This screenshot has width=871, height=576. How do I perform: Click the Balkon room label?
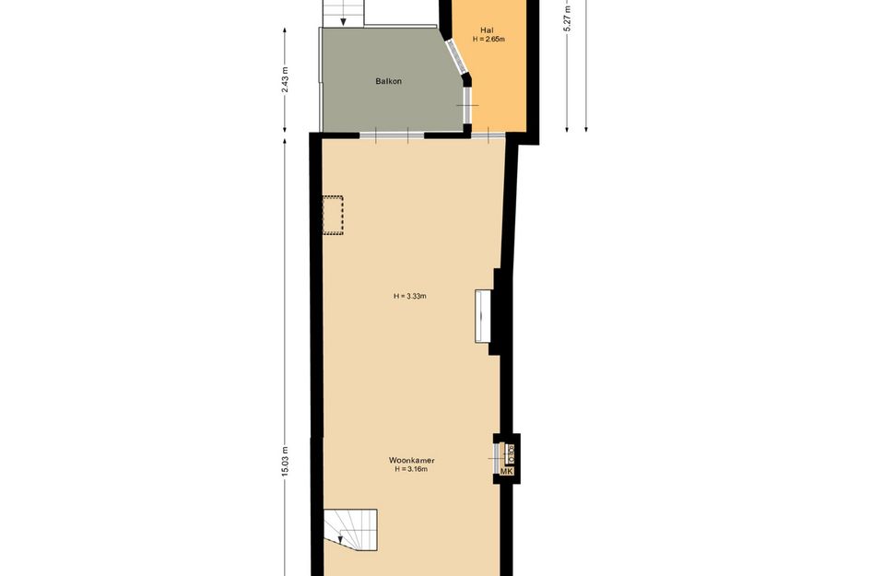pyautogui.click(x=388, y=81)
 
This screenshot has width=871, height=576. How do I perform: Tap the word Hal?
pyautogui.click(x=488, y=30)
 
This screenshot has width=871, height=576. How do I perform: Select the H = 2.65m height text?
pyautogui.click(x=488, y=40)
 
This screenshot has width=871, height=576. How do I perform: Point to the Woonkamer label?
pyautogui.click(x=411, y=460)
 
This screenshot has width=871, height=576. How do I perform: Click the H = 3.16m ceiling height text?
pyautogui.click(x=411, y=469)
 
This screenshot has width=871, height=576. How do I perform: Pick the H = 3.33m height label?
pyautogui.click(x=411, y=296)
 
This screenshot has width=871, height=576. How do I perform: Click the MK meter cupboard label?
pyautogui.click(x=506, y=471)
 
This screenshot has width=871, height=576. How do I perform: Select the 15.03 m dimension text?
pyautogui.click(x=286, y=461)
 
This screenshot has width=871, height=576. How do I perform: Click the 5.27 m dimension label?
pyautogui.click(x=568, y=18)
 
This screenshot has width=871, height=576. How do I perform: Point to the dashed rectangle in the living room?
pyautogui.click(x=332, y=215)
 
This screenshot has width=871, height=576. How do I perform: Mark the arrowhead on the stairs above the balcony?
pyautogui.click(x=345, y=22)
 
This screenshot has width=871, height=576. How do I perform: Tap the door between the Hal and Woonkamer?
pyautogui.click(x=488, y=135)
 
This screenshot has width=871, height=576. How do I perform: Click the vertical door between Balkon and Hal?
pyautogui.click(x=467, y=105)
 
